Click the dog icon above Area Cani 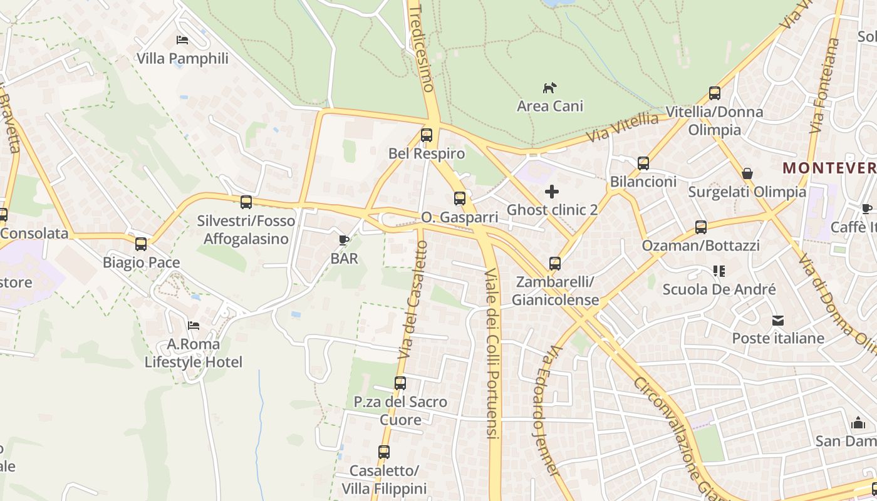549,88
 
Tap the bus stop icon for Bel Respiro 427,135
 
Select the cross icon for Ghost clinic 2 552,192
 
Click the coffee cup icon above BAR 343,240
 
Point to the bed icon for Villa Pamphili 182,40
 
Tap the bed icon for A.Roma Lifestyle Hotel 194,326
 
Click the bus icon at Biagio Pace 141,244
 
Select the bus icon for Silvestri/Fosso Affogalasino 246,202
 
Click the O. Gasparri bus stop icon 460,199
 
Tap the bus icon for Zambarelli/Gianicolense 555,264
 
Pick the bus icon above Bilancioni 643,163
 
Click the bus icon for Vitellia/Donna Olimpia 715,93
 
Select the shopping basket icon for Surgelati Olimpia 747,173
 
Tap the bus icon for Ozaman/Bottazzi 701,227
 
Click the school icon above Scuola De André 719,271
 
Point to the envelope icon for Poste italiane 778,321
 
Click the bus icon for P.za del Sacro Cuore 400,383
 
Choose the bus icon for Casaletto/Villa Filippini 384,452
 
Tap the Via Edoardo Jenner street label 546,410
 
